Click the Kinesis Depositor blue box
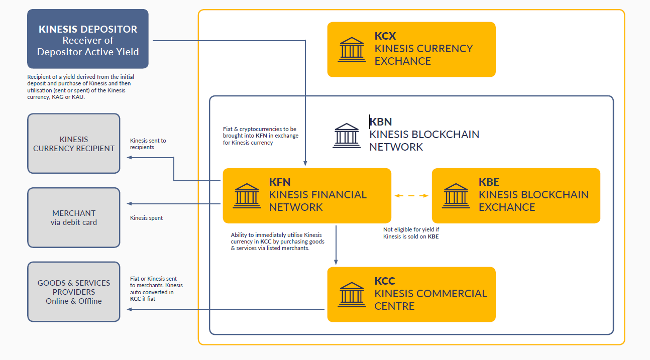coord(88,39)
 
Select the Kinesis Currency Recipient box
coord(74,144)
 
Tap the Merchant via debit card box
coord(74,217)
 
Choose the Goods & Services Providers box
coord(74,292)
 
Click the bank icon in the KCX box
coord(352,49)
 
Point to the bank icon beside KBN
coord(347,136)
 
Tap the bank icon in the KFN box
coord(247,196)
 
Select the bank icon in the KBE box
coord(456,196)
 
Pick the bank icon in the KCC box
coord(352,294)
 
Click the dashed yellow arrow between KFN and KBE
coord(411,196)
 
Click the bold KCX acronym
coord(385,36)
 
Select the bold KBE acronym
coord(489,182)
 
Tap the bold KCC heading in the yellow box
coord(385,281)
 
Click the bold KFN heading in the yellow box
coord(280,182)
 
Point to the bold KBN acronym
coord(381,122)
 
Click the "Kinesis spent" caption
coord(146,218)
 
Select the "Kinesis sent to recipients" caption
coord(148,144)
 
